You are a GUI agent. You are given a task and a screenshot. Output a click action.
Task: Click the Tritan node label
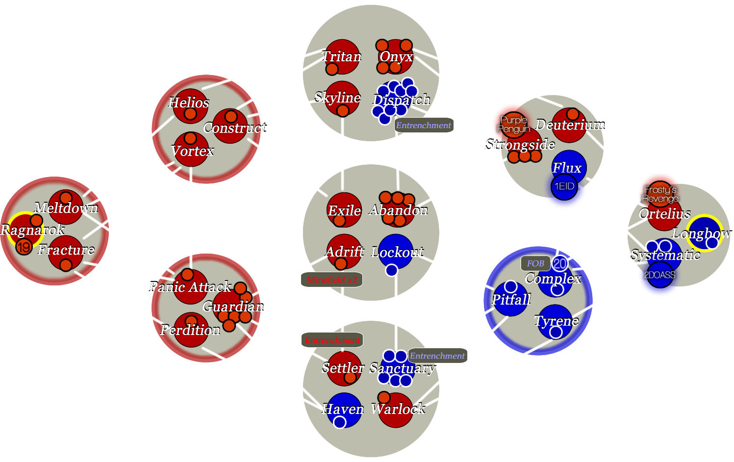pyautogui.click(x=342, y=56)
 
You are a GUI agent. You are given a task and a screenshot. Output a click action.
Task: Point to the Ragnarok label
pyautogui.click(x=32, y=230)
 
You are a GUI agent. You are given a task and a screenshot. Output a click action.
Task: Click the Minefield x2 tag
pyautogui.click(x=332, y=280)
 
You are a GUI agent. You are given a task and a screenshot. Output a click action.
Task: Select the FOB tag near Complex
pyautogui.click(x=535, y=263)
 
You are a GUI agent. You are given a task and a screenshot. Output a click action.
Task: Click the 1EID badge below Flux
pyautogui.click(x=564, y=186)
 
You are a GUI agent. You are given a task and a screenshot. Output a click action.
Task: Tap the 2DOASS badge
pyautogui.click(x=659, y=275)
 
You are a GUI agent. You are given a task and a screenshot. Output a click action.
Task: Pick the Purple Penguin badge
pyautogui.click(x=513, y=125)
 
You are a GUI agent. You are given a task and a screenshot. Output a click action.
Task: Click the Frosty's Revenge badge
pyautogui.click(x=660, y=194)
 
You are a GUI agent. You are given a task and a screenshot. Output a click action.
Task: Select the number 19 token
pyautogui.click(x=24, y=247)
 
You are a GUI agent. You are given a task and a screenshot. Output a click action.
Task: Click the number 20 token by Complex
pyautogui.click(x=560, y=264)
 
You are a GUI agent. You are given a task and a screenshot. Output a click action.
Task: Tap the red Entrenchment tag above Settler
pyautogui.click(x=332, y=340)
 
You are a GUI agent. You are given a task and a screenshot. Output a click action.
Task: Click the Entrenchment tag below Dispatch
pyautogui.click(x=424, y=125)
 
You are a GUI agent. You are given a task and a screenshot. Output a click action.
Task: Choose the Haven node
pyautogui.click(x=343, y=410)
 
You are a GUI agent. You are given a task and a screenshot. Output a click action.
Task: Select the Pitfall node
pyautogui.click(x=510, y=299)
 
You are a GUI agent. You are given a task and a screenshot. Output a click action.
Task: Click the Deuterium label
pyautogui.click(x=570, y=125)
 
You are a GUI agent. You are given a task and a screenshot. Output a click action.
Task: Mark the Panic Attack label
pyautogui.click(x=190, y=287)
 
